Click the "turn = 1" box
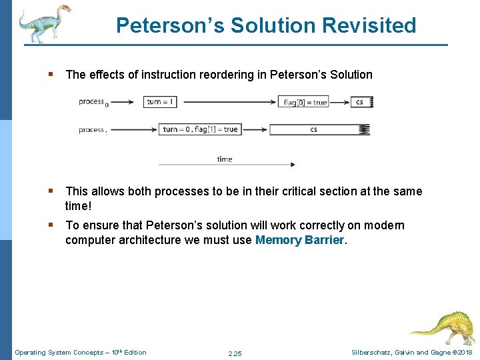tap(161, 102)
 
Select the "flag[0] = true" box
tap(305, 102)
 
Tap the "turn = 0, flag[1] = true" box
tap(200, 129)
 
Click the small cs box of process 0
tap(361, 102)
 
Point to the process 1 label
tap(93, 129)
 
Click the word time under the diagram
tap(225, 159)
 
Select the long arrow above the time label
tap(227, 164)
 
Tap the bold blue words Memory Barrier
tap(300, 240)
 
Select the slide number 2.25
tap(235, 353)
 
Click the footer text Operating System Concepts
tap(59, 352)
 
